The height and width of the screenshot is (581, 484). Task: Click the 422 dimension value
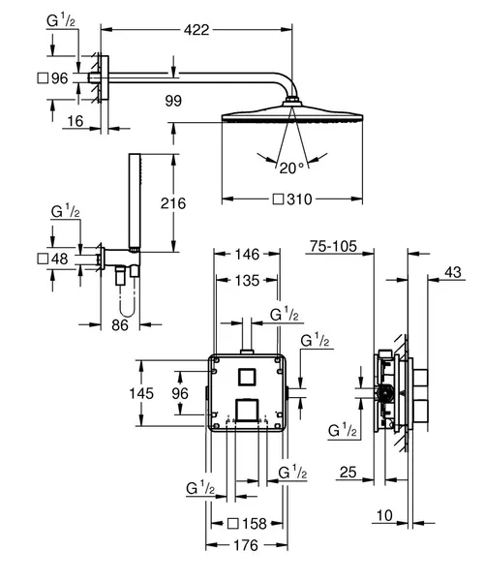point(197,30)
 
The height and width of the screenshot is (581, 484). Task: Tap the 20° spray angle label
point(291,168)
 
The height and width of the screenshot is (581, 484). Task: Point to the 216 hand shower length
point(173,203)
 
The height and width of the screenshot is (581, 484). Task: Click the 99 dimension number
point(173,101)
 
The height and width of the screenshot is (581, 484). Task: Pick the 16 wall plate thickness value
point(76,121)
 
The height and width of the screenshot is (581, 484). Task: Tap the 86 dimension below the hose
point(120,325)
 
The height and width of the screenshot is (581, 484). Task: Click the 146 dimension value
point(248,254)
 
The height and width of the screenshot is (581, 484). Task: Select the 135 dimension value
point(247,281)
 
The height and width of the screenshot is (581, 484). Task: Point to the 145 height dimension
point(141,393)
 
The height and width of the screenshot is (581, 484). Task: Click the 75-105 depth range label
point(333,246)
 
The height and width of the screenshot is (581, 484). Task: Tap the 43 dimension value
point(453,272)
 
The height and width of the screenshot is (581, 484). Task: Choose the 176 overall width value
point(246,545)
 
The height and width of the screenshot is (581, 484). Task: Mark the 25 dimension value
point(348,473)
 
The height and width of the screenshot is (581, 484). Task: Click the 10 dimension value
point(384,515)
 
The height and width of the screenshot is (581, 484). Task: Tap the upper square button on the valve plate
point(246,378)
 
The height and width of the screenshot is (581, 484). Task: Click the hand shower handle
point(135,200)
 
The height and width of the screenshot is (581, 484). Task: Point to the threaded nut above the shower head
point(292,102)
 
